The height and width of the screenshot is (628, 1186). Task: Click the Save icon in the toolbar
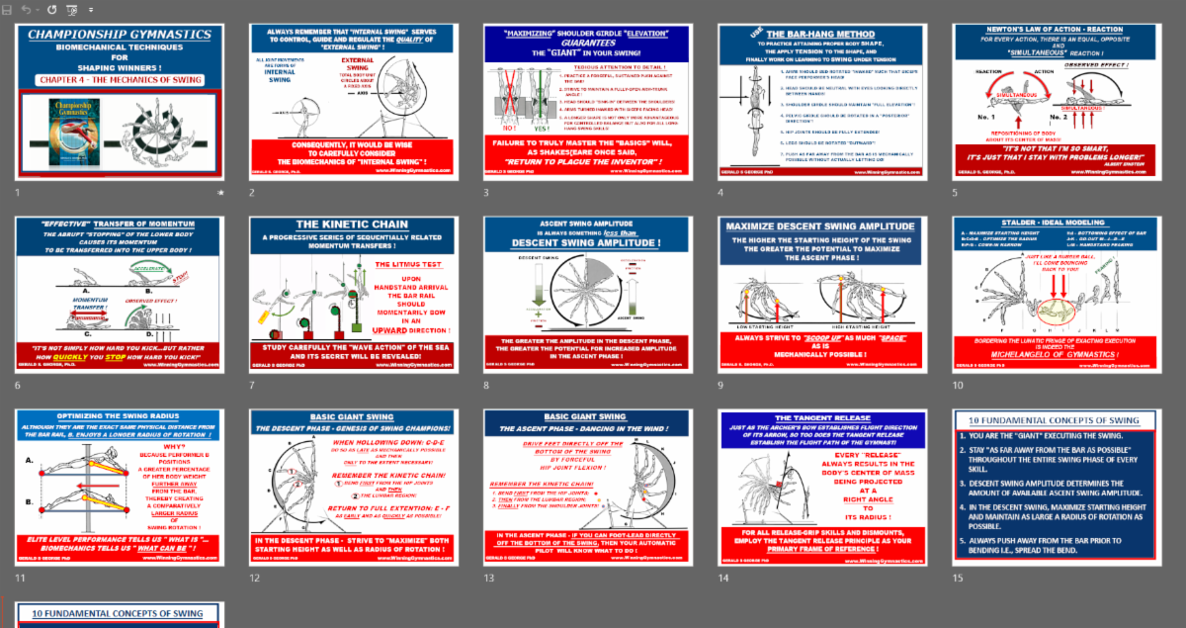[x=8, y=9]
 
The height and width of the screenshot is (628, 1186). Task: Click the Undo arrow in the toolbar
[x=26, y=9]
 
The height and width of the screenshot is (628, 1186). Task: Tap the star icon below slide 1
[x=219, y=193]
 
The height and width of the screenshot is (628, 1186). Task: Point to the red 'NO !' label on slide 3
[x=510, y=128]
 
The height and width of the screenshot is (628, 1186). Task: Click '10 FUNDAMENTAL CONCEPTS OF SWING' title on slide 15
[x=1039, y=420]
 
